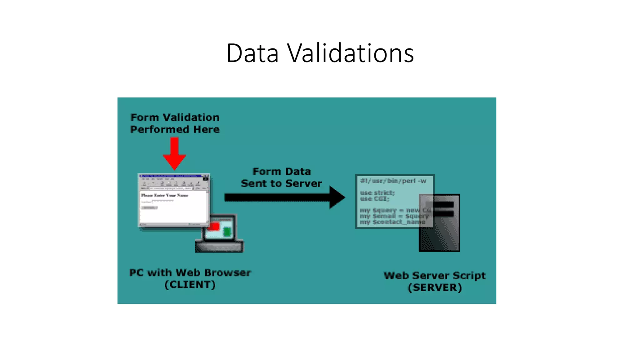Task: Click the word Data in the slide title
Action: tap(252, 53)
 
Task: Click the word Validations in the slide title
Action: tap(350, 53)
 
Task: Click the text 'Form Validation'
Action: tap(175, 117)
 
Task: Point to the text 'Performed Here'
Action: tap(175, 129)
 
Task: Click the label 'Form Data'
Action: tap(282, 172)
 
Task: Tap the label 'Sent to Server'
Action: tap(281, 183)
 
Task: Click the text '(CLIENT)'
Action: tap(190, 285)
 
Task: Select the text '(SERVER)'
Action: tap(435, 287)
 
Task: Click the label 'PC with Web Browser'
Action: tap(190, 273)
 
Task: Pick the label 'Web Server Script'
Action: tap(435, 276)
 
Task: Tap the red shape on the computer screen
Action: tap(214, 226)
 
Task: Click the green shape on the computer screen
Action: tap(227, 232)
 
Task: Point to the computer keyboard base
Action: tap(219, 247)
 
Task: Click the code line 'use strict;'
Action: tap(377, 192)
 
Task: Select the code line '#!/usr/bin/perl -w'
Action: tap(393, 181)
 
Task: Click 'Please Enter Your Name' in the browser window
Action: tap(164, 195)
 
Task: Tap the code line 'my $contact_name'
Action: tap(392, 222)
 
